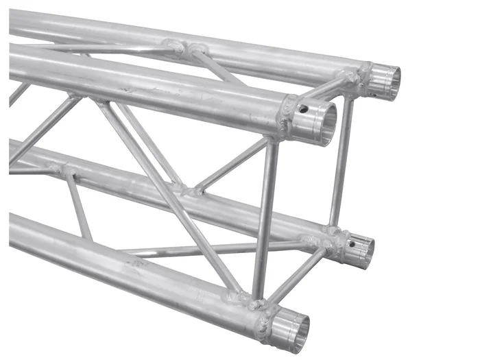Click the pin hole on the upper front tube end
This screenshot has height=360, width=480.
pos(302,108)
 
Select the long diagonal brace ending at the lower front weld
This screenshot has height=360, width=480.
pos(171,199)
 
